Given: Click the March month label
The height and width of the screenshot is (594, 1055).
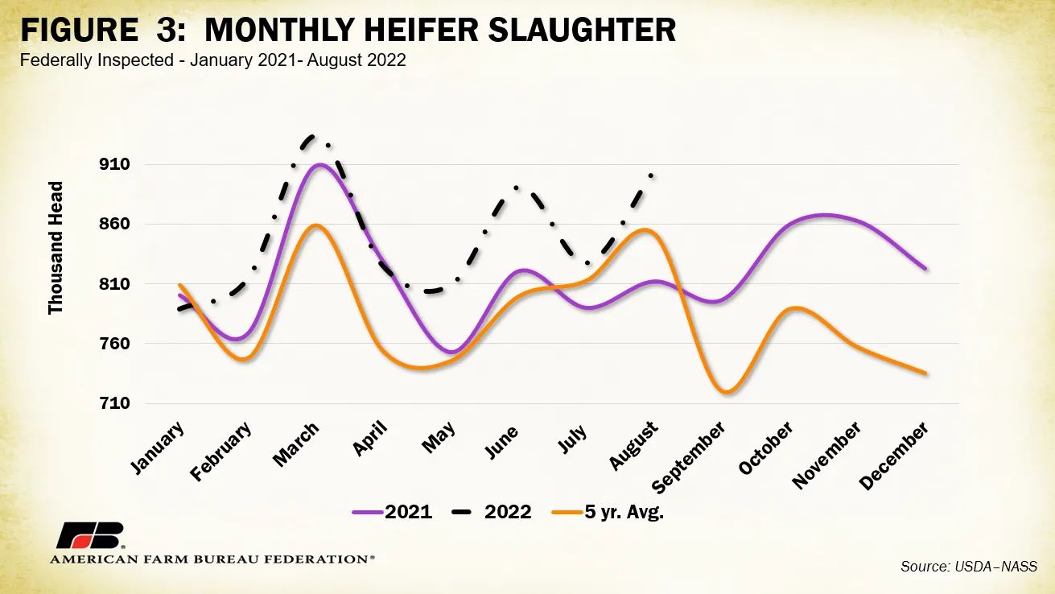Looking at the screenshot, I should (296, 444).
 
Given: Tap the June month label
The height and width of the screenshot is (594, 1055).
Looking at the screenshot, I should (501, 441).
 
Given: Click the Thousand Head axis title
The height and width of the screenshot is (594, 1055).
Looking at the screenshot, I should (56, 248).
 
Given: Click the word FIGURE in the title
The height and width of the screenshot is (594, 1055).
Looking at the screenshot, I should (78, 31).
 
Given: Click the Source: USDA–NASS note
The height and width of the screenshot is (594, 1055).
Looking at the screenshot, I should (968, 567).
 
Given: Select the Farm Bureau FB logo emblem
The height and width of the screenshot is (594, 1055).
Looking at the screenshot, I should (90, 536).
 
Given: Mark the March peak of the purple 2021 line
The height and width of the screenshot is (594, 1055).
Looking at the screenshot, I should (320, 165).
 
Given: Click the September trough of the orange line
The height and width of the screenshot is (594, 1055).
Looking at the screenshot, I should (726, 392).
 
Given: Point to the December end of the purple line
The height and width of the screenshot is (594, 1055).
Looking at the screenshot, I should (925, 268).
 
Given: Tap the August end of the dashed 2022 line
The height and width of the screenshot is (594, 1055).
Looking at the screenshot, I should (651, 174).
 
